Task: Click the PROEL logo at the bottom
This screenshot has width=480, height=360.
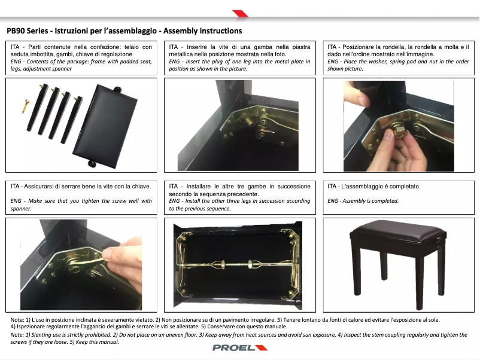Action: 240,348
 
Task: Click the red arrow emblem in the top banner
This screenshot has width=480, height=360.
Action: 240,14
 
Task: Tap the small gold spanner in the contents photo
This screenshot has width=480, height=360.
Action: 25,106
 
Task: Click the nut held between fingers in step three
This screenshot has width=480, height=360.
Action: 397,132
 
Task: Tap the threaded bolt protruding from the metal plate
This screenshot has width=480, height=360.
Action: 249,122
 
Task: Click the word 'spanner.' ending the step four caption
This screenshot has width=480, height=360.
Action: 21,209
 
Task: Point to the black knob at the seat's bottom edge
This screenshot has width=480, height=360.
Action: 92,164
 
